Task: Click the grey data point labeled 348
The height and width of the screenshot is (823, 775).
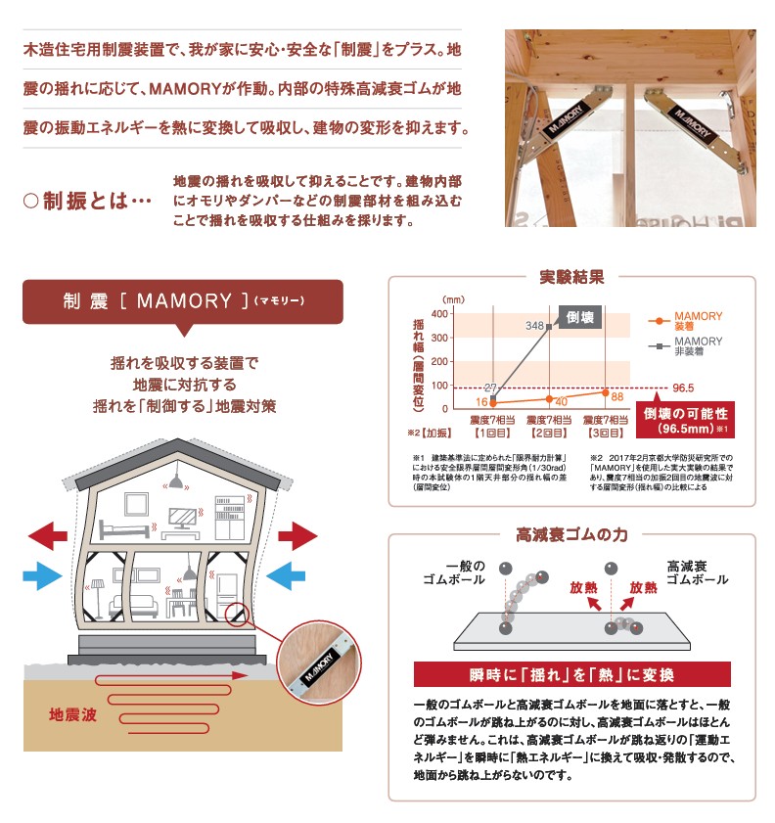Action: [x=550, y=326]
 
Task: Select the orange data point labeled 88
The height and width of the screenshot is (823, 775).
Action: [x=605, y=392]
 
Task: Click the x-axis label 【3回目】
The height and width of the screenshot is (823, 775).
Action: [x=605, y=432]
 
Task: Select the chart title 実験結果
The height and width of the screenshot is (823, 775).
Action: [x=571, y=277]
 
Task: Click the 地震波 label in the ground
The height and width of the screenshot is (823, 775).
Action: [x=74, y=715]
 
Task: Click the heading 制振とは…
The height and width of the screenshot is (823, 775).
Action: [x=88, y=202]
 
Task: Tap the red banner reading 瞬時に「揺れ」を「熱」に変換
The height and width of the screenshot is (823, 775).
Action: [x=571, y=675]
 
